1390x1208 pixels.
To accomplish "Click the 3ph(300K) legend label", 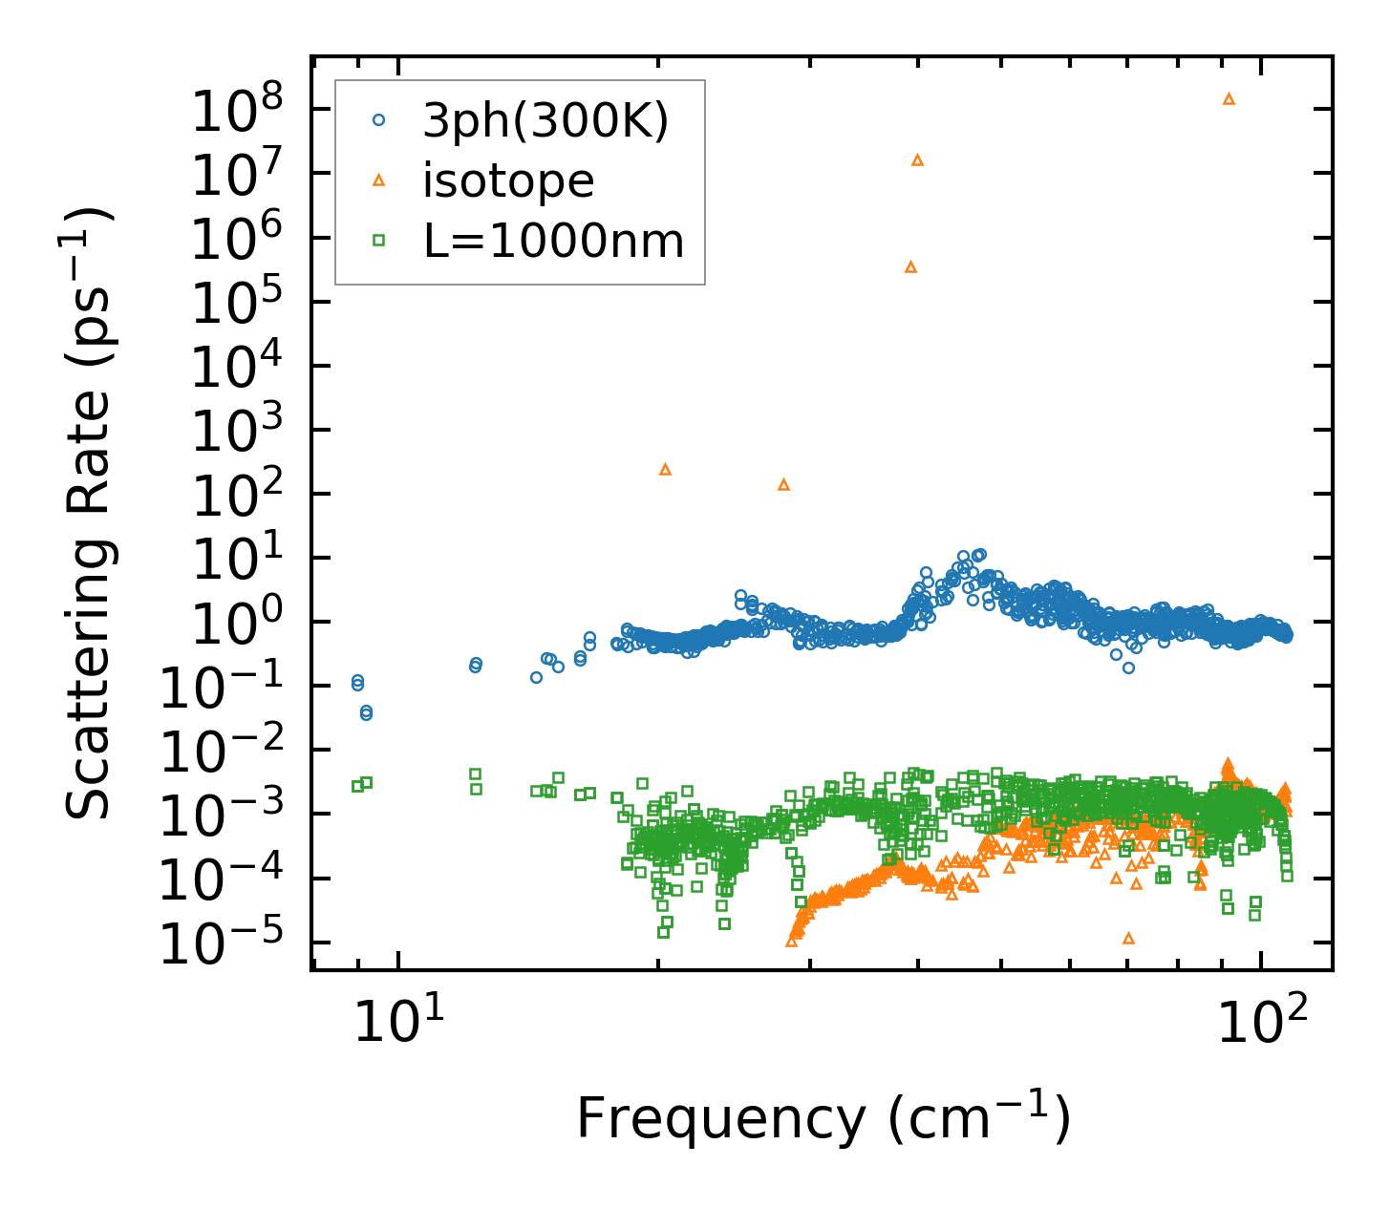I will click(x=545, y=121).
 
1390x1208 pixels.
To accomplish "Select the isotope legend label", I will click(x=508, y=180).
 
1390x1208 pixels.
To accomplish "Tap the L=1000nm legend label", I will click(x=553, y=241).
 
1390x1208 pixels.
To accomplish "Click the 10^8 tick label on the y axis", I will click(x=240, y=112).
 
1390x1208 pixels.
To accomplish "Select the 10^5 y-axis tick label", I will click(x=240, y=303).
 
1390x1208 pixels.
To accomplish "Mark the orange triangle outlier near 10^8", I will click(x=1229, y=98).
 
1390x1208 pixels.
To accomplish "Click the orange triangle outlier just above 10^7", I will click(x=917, y=159).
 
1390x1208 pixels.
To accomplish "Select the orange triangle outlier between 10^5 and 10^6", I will click(x=910, y=266).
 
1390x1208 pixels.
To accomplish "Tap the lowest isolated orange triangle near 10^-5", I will click(x=1128, y=938).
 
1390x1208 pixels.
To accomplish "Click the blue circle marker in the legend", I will click(x=378, y=120).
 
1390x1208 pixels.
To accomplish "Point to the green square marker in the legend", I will click(x=378, y=241).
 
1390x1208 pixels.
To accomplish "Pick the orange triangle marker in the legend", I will click(x=378, y=180).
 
